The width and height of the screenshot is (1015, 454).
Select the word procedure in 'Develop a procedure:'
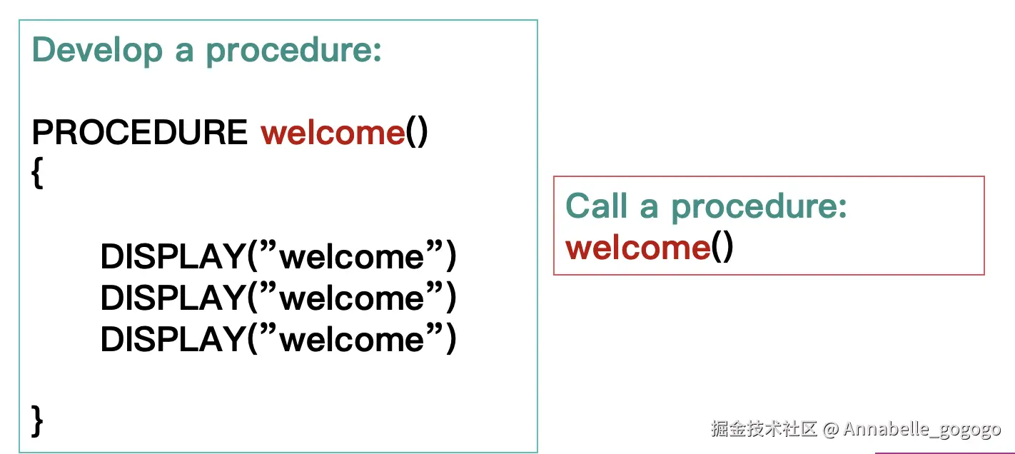pyautogui.click(x=293, y=51)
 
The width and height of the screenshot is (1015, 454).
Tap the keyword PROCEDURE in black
pyautogui.click(x=140, y=132)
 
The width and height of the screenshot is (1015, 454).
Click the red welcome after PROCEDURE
pyautogui.click(x=333, y=133)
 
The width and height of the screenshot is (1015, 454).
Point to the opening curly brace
pyautogui.click(x=37, y=173)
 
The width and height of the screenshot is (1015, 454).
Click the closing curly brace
pyautogui.click(x=37, y=421)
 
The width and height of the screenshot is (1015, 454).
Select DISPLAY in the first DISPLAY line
pyautogui.click(x=173, y=257)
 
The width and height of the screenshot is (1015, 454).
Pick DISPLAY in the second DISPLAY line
pyautogui.click(x=173, y=298)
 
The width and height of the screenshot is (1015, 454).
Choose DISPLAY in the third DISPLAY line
pyautogui.click(x=173, y=339)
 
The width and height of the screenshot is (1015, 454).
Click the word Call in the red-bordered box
pyautogui.click(x=596, y=206)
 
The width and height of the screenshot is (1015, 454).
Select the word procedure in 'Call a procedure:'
pyautogui.click(x=759, y=208)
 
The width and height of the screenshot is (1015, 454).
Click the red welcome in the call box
pyautogui.click(x=638, y=248)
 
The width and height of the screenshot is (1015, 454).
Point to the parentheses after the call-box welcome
pyautogui.click(x=722, y=248)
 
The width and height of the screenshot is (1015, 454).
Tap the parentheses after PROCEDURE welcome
pyautogui.click(x=417, y=132)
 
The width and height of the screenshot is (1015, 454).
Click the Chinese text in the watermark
pyautogui.click(x=764, y=428)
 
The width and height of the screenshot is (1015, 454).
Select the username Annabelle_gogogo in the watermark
pyautogui.click(x=922, y=430)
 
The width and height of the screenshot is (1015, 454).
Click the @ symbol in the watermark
pyautogui.click(x=830, y=429)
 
